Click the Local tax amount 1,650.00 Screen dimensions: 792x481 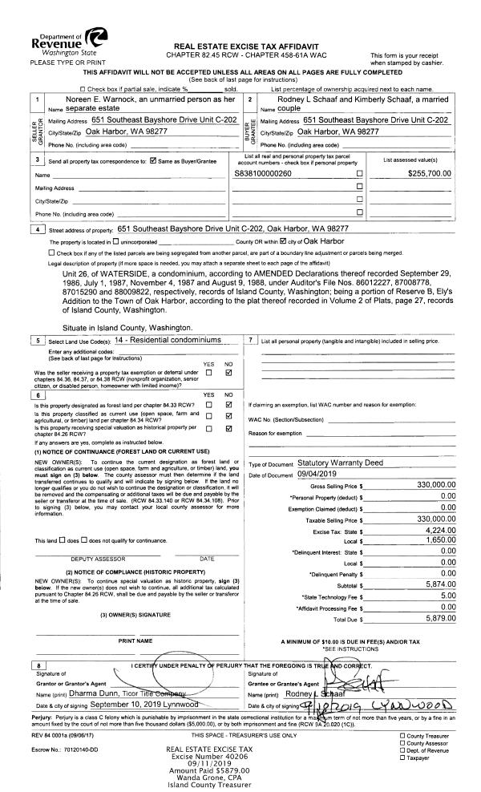(439, 540)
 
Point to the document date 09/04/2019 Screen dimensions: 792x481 (320, 475)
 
